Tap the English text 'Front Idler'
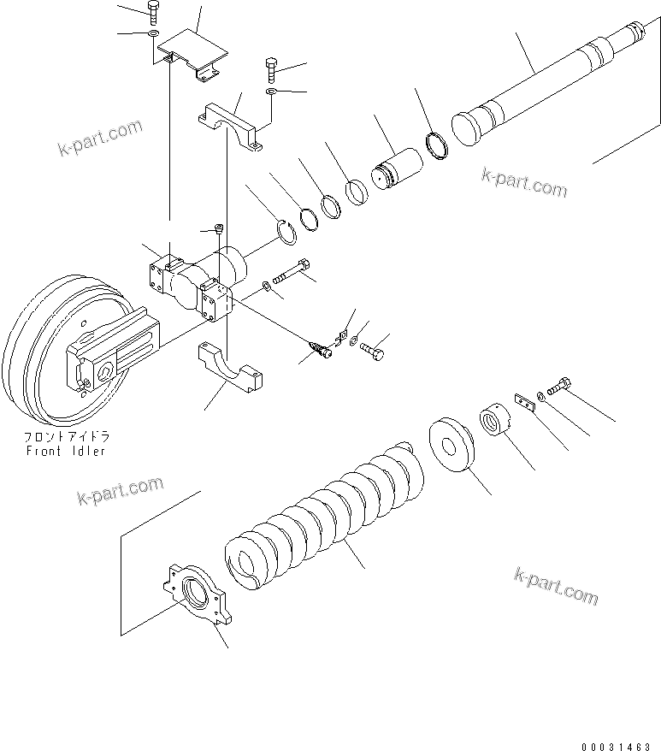[x=65, y=451]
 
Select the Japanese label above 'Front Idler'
[x=66, y=436]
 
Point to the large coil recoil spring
[x=325, y=513]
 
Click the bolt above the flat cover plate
[x=152, y=12]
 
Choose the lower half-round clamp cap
[x=231, y=368]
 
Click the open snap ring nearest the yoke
[x=290, y=232]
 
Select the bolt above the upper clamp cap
[x=272, y=65]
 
